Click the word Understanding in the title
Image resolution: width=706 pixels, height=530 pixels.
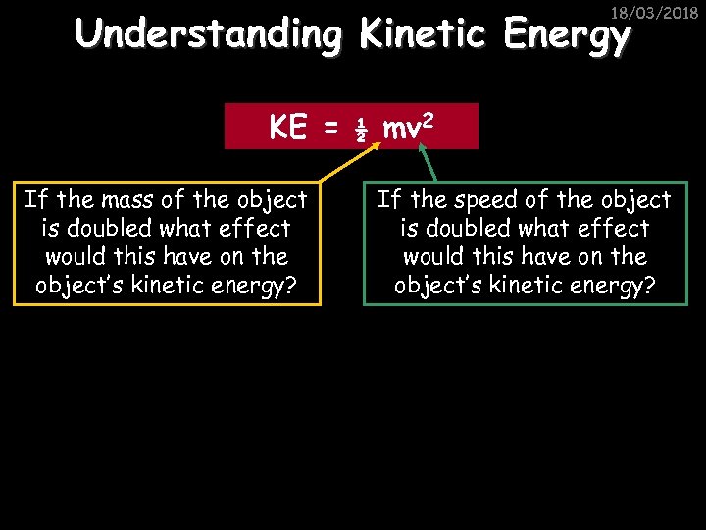click(x=208, y=35)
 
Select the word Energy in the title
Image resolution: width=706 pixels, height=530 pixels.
click(x=565, y=37)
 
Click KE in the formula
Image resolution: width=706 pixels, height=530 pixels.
click(x=288, y=127)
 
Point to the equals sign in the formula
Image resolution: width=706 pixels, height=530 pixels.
click(x=330, y=128)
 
